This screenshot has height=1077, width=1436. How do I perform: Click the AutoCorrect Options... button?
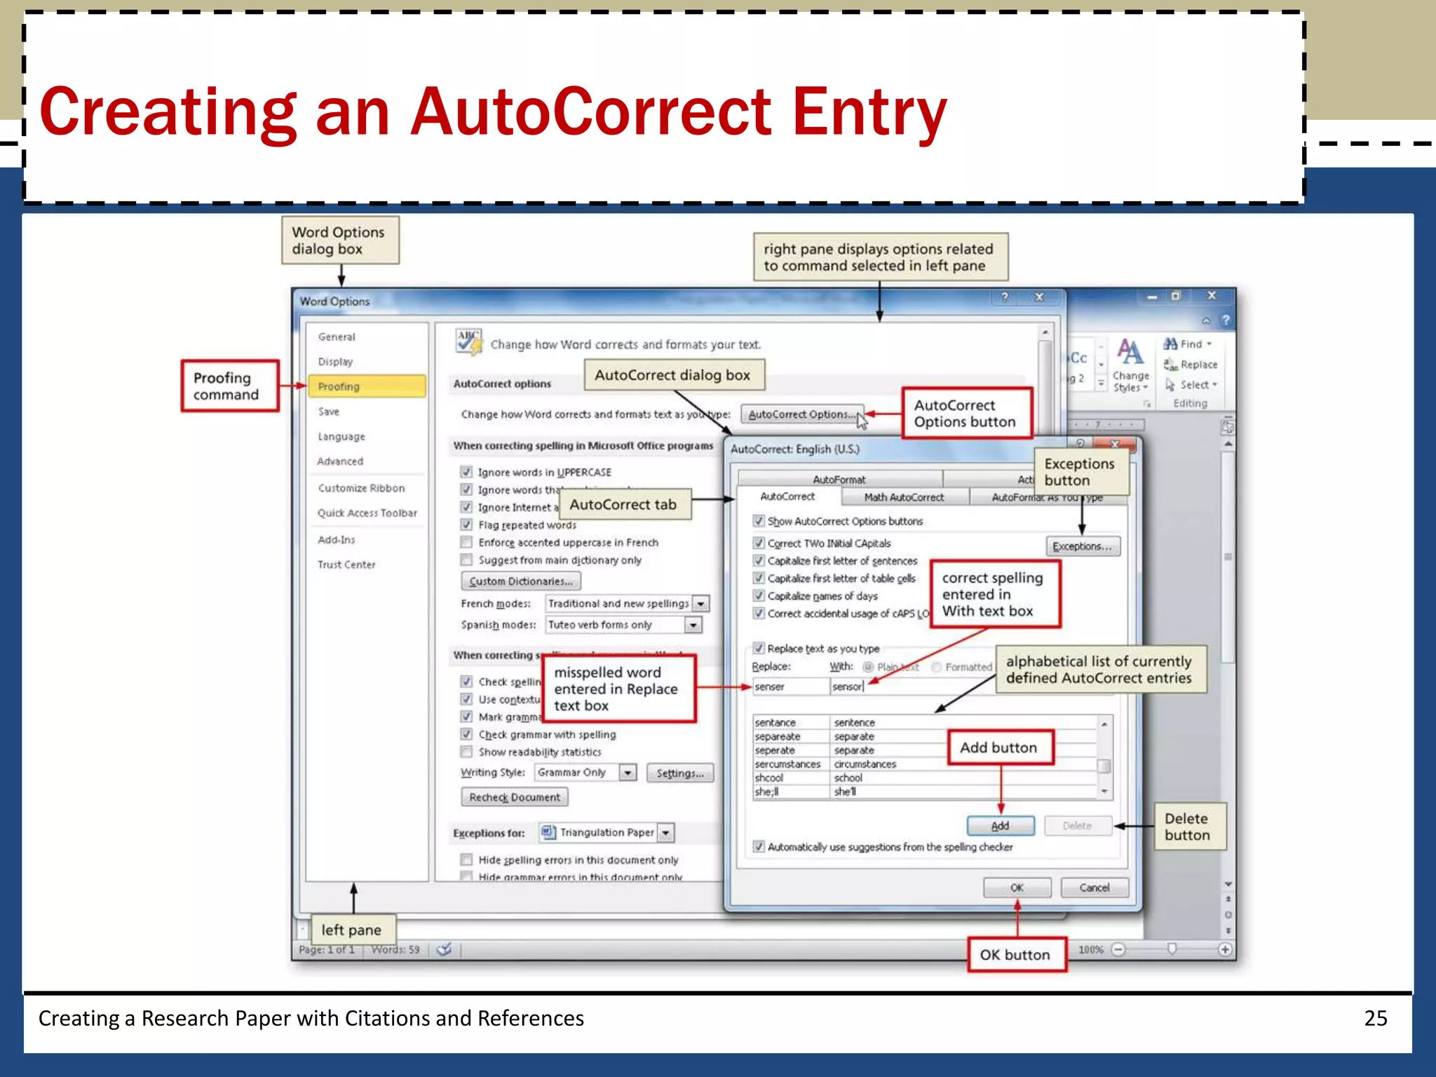801,414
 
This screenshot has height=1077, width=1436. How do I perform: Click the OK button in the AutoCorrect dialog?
1017,888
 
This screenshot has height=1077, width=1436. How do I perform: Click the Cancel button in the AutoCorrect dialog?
1094,888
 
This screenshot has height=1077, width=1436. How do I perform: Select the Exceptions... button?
1083,546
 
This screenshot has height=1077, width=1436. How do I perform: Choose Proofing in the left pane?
367,386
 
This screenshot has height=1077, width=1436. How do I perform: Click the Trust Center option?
346,564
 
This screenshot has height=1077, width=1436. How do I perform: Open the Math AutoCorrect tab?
904,497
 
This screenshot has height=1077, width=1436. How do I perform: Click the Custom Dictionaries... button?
521,581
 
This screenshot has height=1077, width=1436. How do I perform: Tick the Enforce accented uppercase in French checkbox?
466,542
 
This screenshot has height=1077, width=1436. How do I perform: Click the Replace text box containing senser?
790,686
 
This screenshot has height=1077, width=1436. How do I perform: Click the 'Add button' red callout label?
998,747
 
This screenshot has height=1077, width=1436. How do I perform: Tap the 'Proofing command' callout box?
229,386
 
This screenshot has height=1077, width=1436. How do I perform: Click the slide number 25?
1375,1018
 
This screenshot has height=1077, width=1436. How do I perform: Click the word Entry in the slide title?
869,112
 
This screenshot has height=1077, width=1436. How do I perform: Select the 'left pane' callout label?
352,930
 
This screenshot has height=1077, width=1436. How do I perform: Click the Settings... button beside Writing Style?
679,773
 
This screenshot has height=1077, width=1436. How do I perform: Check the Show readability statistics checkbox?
466,752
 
